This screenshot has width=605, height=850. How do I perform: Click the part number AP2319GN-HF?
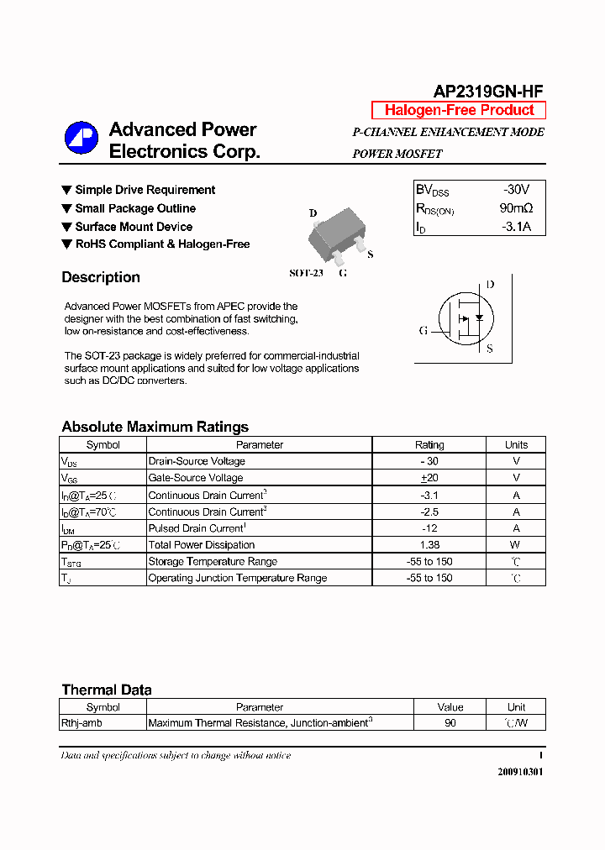pos(489,92)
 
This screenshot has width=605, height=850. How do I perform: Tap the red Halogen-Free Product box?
pos(459,110)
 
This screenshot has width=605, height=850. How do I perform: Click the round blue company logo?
pos(82,139)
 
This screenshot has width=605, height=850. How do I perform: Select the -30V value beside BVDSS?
pos(516,190)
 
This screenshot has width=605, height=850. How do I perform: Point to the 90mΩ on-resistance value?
pos(516,208)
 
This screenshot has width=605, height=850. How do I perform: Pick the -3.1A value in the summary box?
pos(516,227)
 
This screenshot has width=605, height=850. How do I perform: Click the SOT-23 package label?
pos(306,273)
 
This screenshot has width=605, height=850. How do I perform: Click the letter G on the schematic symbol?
pos(423,330)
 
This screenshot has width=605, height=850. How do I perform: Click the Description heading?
pos(101,277)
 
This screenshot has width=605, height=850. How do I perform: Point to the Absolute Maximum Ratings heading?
pos(155,427)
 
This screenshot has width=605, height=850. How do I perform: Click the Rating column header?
pos(429,445)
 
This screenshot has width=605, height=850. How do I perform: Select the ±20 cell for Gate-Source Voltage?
pos(429,478)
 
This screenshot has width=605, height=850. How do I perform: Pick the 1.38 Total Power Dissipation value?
pos(429,545)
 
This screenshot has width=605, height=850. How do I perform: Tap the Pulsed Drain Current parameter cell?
pos(195,528)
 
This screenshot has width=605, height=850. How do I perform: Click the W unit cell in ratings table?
pos(516,545)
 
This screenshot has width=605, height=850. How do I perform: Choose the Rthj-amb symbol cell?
pos(82,723)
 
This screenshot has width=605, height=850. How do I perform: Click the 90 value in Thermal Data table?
pos(450,723)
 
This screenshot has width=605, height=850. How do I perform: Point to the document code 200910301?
pos(519,772)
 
